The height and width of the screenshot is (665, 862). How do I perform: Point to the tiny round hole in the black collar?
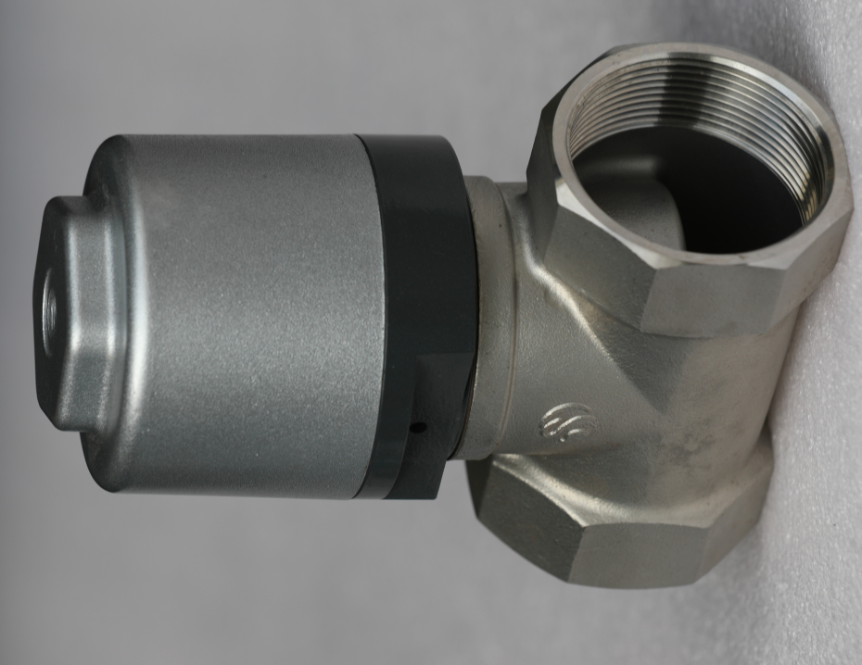[418, 428]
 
